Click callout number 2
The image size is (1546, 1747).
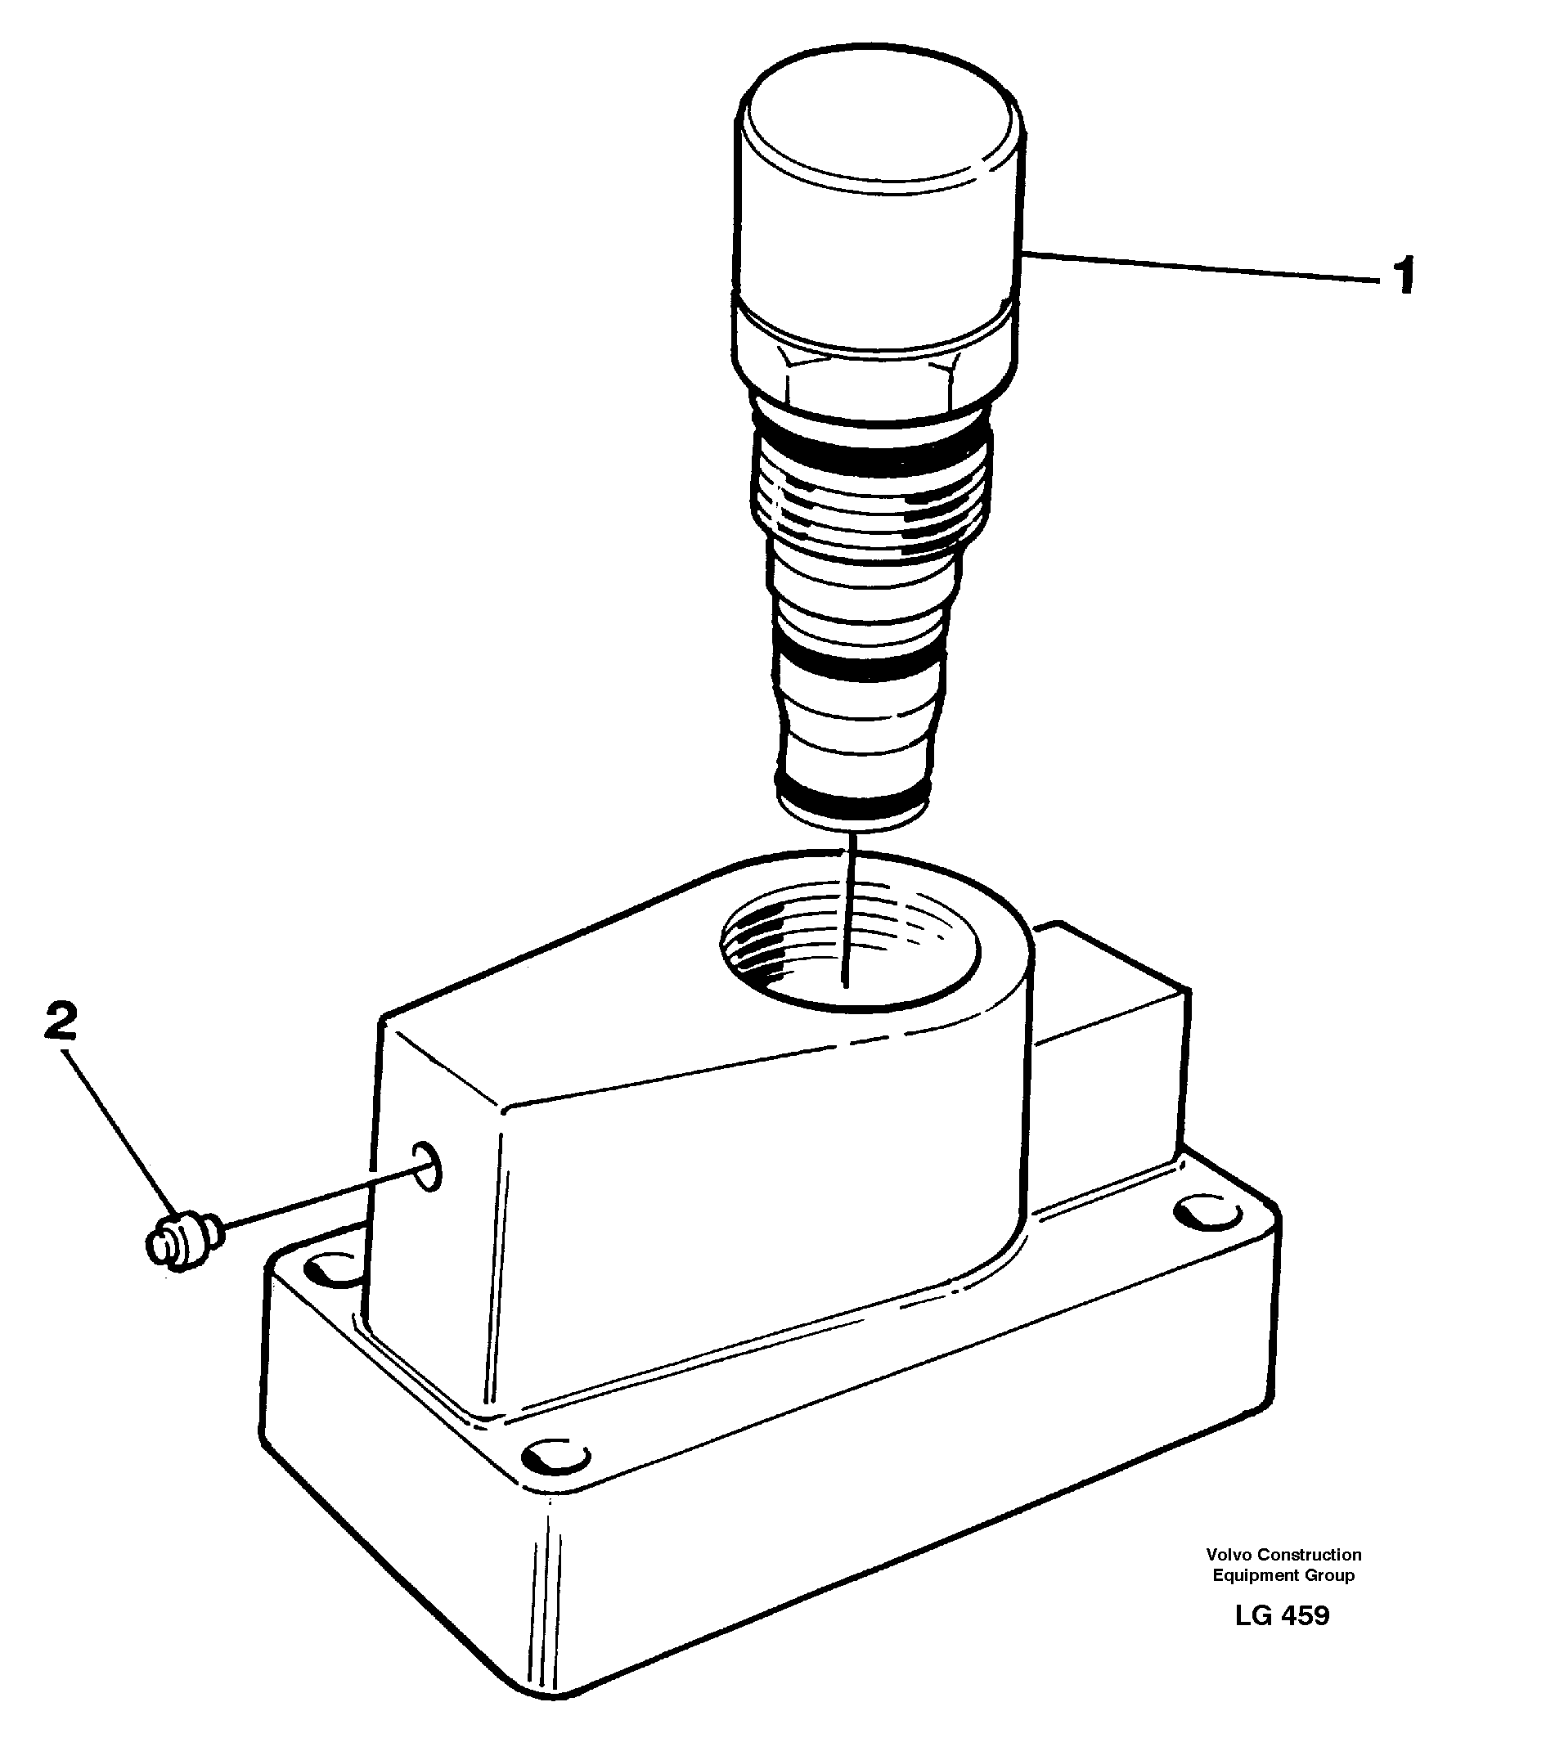(x=61, y=1023)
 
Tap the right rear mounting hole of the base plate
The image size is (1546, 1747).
(x=1207, y=1214)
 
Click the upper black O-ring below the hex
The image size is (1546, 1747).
(x=872, y=453)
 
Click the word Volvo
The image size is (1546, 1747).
(x=1228, y=1555)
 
